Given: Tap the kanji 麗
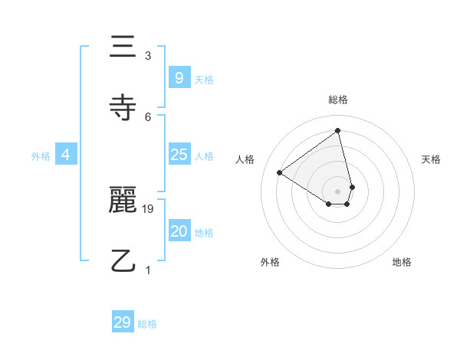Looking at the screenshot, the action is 123,201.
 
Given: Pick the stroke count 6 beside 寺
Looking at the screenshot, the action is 148,116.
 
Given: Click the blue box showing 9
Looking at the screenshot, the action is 179,77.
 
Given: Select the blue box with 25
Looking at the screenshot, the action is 179,155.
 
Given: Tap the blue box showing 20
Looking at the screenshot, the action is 179,231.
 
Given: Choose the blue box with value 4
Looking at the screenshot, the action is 66,155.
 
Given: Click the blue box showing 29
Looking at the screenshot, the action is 123,322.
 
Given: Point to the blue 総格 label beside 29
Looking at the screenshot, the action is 147,324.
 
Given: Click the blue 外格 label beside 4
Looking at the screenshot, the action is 41,156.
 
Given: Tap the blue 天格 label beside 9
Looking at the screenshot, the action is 204,79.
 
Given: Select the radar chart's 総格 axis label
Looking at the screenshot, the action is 337,100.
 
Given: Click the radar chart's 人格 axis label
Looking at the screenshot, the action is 245,159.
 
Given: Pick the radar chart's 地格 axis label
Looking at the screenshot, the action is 402,262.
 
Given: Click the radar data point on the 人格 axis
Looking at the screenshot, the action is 280,172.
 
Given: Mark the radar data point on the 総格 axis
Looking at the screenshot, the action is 337,131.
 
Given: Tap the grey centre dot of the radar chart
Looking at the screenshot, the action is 337,191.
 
